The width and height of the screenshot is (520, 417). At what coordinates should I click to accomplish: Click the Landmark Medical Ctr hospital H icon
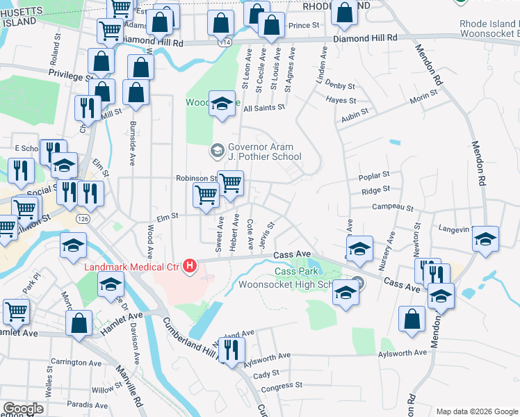click(x=189, y=265)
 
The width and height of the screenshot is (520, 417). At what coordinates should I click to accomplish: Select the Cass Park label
click(x=292, y=272)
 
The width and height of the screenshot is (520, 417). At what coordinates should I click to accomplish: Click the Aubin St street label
click(x=354, y=119)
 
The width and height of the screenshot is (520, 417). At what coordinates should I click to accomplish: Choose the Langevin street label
click(x=455, y=227)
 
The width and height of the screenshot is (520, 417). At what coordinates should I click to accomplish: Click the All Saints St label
click(x=264, y=108)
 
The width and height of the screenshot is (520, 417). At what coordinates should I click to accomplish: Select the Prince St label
click(x=303, y=26)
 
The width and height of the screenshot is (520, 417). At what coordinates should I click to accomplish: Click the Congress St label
click(x=282, y=387)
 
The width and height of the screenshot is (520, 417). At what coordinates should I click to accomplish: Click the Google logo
click(x=23, y=409)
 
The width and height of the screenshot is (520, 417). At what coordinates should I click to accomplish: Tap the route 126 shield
click(x=83, y=219)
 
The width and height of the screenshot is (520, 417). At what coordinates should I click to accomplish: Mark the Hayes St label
click(x=341, y=101)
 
